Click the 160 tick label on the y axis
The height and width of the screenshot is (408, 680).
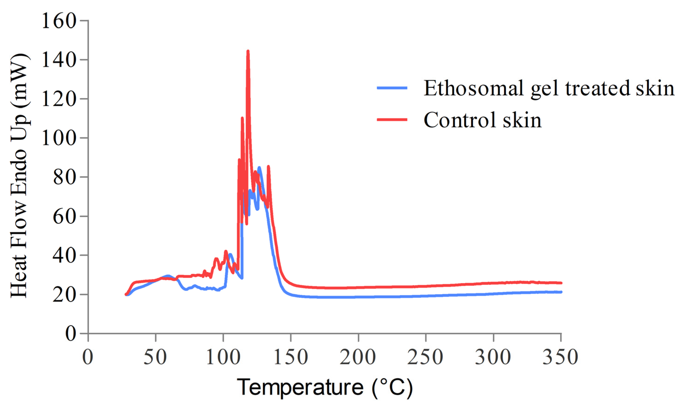[59, 21]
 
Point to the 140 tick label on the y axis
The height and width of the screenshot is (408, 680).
[59, 60]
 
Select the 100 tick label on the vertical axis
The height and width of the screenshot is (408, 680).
[59, 138]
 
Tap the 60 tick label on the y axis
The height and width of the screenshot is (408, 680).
[64, 217]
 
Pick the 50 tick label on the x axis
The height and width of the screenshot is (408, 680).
[155, 357]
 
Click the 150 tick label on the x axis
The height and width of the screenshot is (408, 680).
[291, 357]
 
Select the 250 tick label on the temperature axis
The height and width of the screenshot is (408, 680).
[426, 357]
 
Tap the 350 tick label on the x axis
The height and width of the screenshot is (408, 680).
[560, 357]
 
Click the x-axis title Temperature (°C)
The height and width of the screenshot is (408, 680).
[325, 387]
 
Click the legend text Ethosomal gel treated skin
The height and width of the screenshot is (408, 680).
[549, 88]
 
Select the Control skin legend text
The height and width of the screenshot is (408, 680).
[482, 120]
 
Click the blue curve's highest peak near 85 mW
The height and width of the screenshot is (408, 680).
[259, 167]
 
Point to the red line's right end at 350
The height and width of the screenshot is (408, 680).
[561, 283]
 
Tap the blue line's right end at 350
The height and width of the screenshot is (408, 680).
[561, 292]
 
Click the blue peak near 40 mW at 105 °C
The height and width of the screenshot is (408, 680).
[230, 254]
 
